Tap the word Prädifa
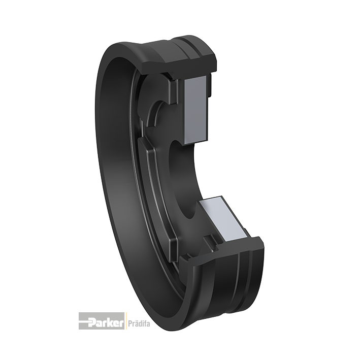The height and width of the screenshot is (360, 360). tap(139, 324)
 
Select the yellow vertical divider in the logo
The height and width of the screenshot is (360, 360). tap(125, 321)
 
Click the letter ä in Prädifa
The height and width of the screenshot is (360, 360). tap(136, 324)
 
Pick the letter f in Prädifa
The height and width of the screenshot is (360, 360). tap(144, 323)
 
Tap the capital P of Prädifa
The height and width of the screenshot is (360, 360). tap(129, 323)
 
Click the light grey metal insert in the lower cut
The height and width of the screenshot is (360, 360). tap(224, 218)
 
